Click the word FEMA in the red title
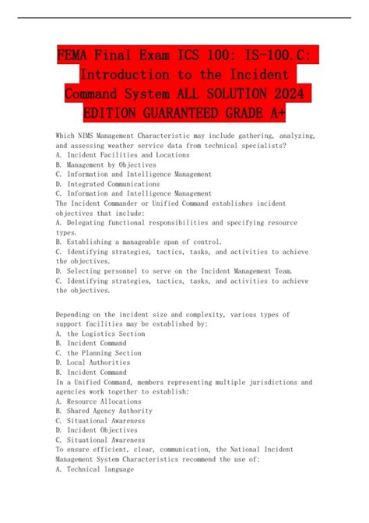pyautogui.click(x=76, y=56)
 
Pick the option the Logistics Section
pyautogui.click(x=106, y=334)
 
